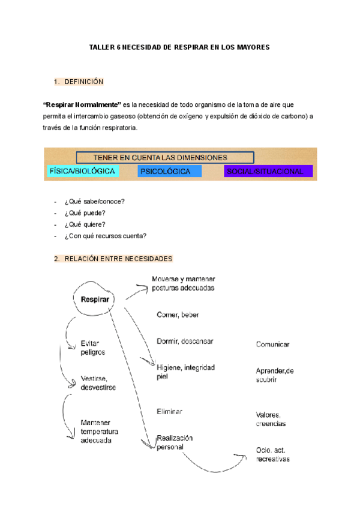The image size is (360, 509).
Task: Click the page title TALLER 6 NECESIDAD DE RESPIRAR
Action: click(179, 47)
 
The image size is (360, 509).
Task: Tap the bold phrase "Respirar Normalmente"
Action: click(82, 104)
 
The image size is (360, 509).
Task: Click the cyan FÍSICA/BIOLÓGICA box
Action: click(82, 171)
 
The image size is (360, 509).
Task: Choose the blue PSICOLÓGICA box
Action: click(166, 171)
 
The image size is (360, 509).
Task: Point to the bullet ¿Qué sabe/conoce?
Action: click(98, 202)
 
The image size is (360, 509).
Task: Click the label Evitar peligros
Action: click(92, 348)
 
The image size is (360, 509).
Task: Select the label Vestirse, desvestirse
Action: click(98, 383)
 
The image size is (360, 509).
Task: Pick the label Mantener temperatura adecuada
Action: click(99, 432)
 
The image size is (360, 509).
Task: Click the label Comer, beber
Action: click(178, 315)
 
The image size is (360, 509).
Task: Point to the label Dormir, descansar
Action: click(185, 341)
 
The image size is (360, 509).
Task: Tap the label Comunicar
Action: click(272, 345)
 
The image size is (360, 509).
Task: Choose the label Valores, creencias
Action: click(271, 419)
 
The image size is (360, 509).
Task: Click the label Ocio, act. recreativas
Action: click(272, 455)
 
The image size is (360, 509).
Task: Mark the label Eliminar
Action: click(169, 412)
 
